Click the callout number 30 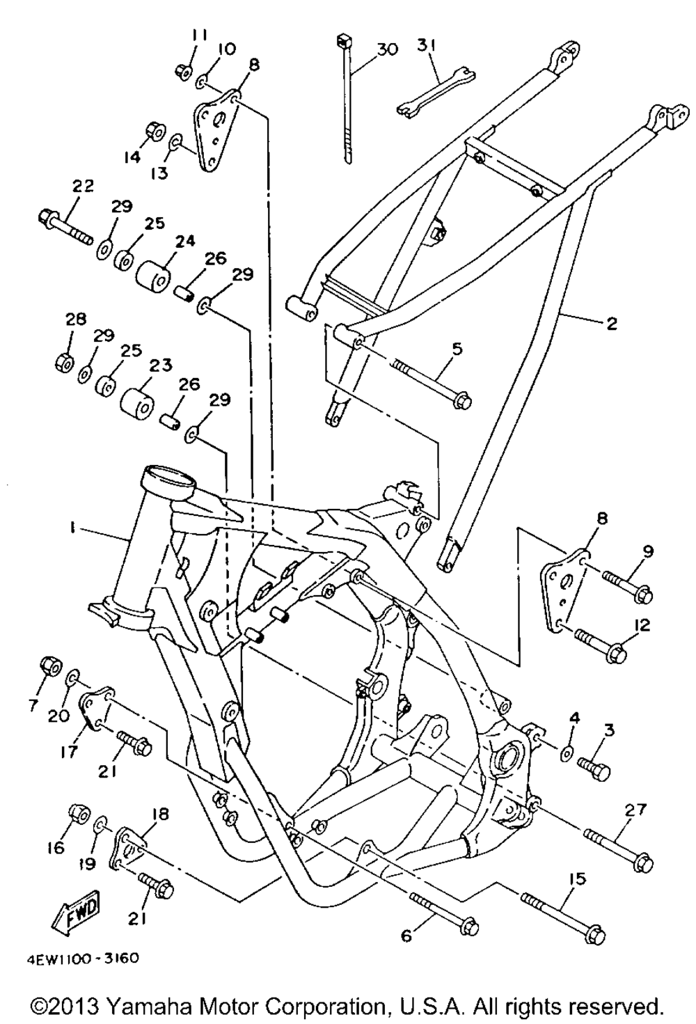(386, 49)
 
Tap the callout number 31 (427, 45)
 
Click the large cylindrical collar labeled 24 (153, 278)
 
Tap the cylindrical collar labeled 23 (138, 403)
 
